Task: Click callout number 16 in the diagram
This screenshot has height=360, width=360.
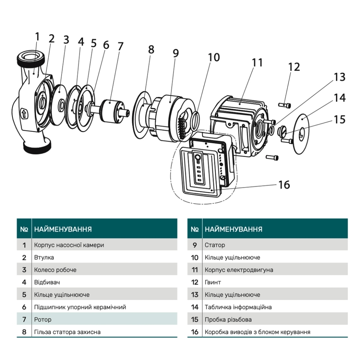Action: (284, 184)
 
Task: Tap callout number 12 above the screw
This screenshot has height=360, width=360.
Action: (294, 67)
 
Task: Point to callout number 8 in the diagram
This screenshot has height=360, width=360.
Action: (151, 50)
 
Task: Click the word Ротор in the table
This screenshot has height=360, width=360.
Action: (43, 320)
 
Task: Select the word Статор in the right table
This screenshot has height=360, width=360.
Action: (215, 245)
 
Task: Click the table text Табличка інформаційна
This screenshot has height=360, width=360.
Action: (238, 307)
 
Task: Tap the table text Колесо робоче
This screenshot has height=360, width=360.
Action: (55, 270)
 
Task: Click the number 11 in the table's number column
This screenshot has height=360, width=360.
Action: (195, 270)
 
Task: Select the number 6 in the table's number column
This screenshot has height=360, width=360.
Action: (24, 307)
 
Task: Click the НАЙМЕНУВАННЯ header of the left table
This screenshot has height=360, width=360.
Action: (63, 229)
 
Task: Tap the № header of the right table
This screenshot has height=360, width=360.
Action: (194, 229)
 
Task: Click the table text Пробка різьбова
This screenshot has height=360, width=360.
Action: (228, 320)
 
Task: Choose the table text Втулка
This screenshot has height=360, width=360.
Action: (44, 257)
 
